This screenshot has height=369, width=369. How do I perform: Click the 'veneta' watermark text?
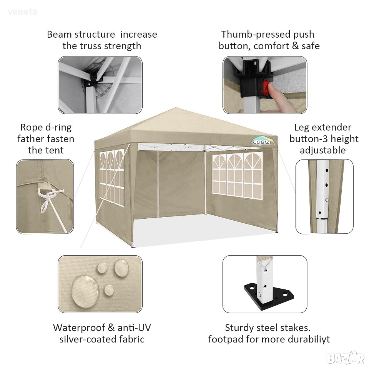coord(23,12)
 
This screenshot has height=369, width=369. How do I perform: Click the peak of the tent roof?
coord(176,108)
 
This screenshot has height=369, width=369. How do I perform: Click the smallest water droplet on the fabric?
coord(109,290)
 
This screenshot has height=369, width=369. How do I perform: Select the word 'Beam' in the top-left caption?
coord(59,34)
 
